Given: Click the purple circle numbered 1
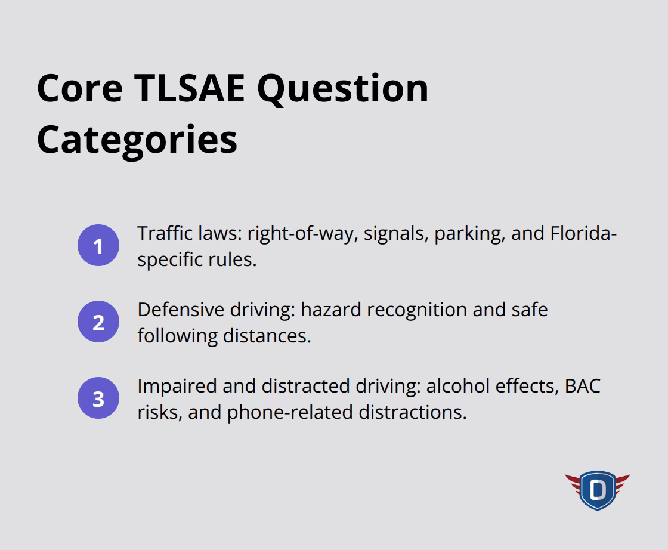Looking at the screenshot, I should click(x=98, y=246).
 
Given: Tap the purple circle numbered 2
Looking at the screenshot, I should click(x=98, y=323).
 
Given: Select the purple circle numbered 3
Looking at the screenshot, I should click(x=98, y=399).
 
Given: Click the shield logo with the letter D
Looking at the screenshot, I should click(x=597, y=490).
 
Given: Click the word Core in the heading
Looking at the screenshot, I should click(x=79, y=88).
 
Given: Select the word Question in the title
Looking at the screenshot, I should click(x=343, y=88).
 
